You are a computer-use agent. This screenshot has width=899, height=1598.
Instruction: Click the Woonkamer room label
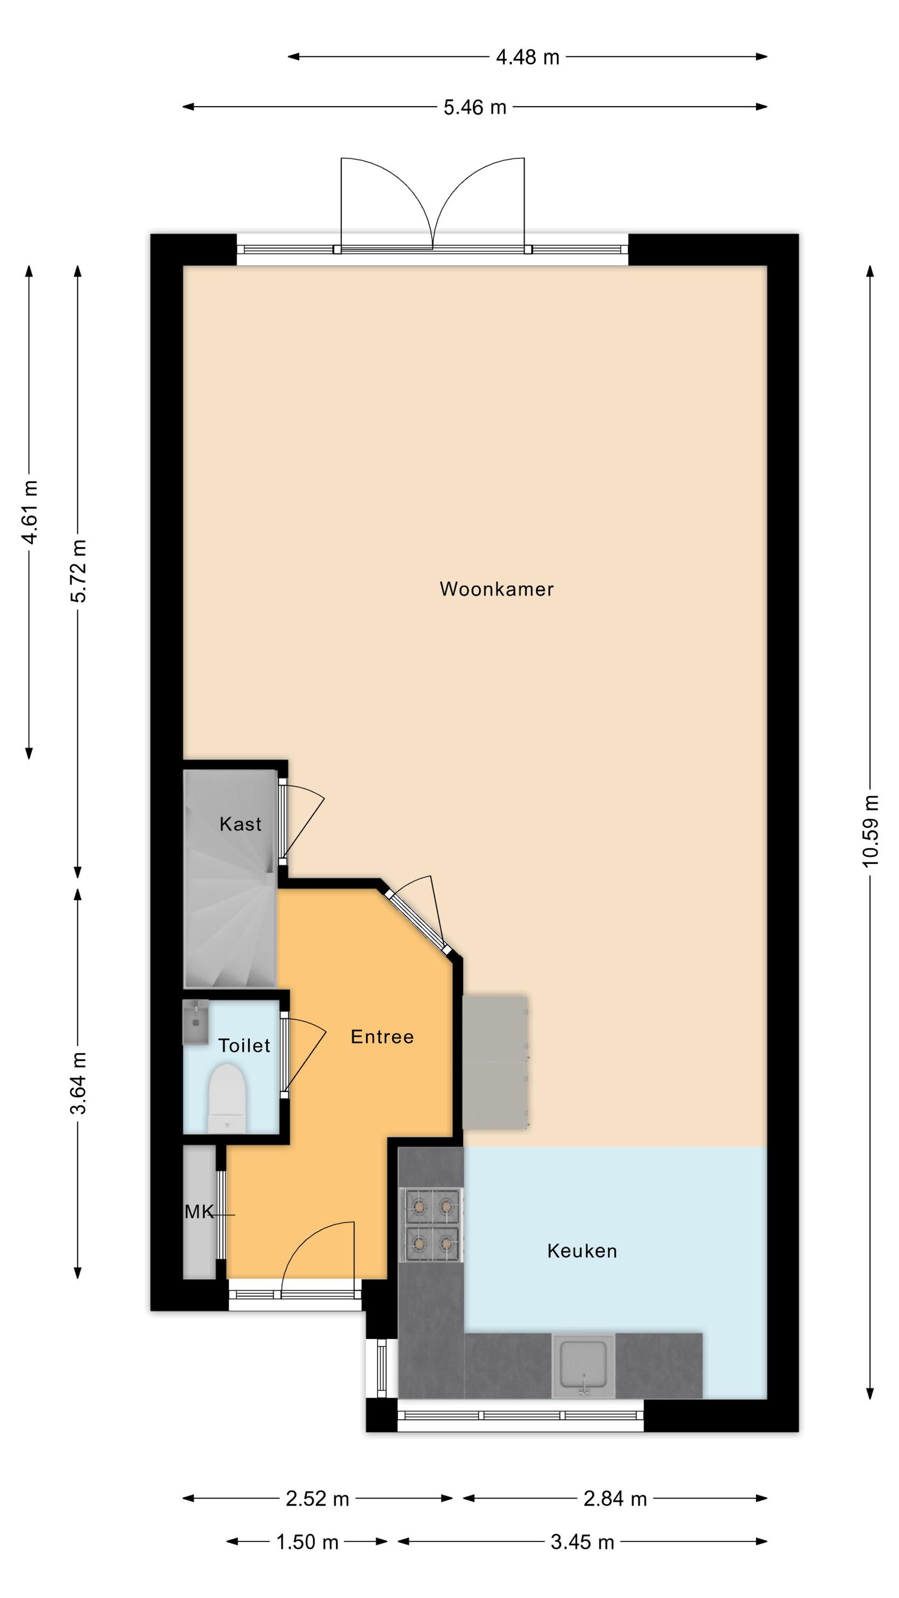pyautogui.click(x=496, y=589)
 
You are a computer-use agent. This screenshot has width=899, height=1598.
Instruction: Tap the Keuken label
pyautogui.click(x=582, y=1251)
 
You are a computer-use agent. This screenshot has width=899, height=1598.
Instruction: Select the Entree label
pyautogui.click(x=382, y=1037)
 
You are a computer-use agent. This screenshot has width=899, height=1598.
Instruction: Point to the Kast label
pyautogui.click(x=241, y=824)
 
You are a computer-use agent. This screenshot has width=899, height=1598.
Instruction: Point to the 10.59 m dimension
pyautogui.click(x=870, y=830)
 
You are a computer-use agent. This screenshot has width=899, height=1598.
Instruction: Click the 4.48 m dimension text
pyautogui.click(x=527, y=57)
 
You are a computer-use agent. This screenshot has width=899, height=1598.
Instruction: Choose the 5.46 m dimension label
pyautogui.click(x=475, y=107)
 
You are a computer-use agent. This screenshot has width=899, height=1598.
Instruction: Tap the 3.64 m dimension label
pyautogui.click(x=78, y=1083)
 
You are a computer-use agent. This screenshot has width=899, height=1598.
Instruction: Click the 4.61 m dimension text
pyautogui.click(x=29, y=512)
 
